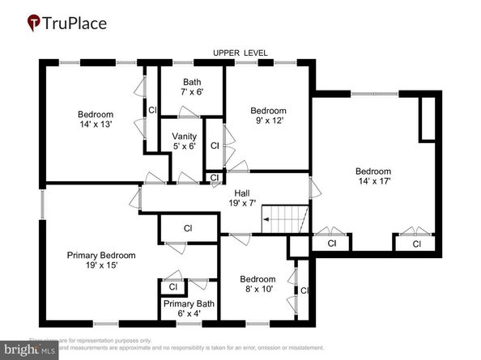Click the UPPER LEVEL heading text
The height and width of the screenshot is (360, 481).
240,53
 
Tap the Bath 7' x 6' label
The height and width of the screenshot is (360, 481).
192,87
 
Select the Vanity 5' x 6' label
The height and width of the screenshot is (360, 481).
184,141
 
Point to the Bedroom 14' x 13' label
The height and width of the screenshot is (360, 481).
96,120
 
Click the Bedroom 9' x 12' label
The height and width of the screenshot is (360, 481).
267,116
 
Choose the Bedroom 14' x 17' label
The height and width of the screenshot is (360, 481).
373,176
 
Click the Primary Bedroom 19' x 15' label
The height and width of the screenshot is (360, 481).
101,260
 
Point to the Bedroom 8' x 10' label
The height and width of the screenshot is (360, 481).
258,284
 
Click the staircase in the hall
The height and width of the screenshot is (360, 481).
284,218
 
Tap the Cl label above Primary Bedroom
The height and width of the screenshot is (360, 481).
187,228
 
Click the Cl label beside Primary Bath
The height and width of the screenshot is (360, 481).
172,286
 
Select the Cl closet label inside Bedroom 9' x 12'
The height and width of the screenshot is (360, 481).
214,146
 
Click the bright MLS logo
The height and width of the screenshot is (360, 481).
29,349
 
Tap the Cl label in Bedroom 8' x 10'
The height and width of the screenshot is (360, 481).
304,290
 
